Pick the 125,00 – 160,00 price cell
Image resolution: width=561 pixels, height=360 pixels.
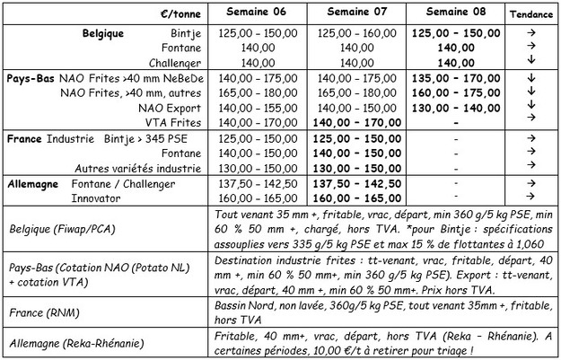[357, 31]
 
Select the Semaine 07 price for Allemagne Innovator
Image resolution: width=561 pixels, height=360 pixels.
[357, 197]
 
